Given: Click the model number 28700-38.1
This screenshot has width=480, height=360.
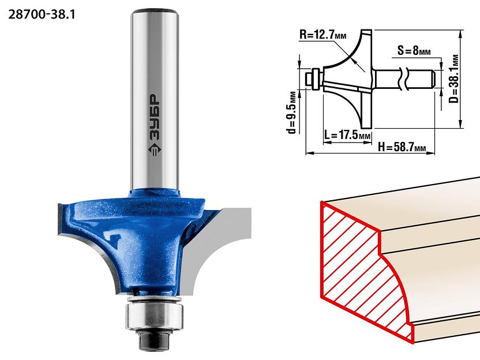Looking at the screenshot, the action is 42,14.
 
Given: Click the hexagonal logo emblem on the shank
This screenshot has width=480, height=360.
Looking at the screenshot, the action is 155,150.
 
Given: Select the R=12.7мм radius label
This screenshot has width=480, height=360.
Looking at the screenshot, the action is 322,35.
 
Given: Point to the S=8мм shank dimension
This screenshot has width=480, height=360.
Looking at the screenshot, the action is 414,50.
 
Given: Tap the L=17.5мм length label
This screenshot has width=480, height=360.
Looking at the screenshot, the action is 347,134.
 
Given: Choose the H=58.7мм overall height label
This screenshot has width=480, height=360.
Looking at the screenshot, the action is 402,147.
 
